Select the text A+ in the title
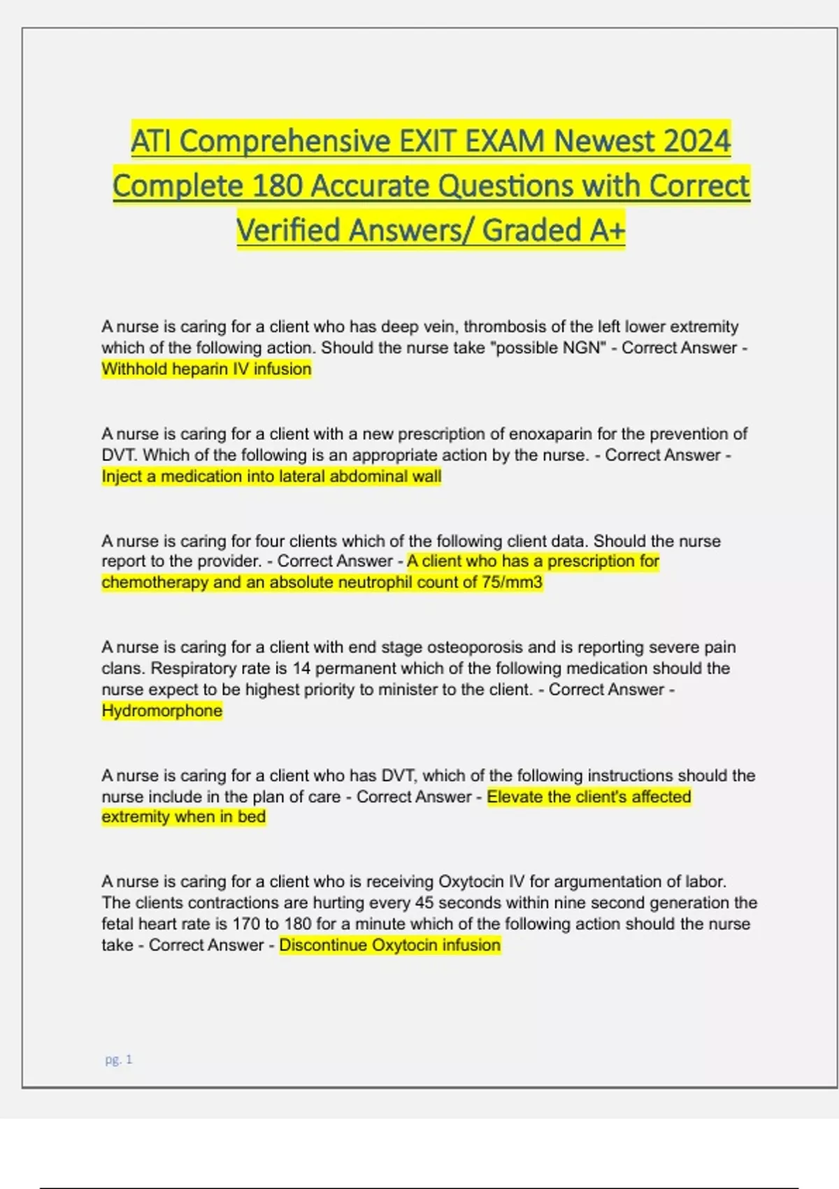606,230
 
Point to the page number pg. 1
118,1060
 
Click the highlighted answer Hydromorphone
162,711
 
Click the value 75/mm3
512,582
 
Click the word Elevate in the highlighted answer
513,797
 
